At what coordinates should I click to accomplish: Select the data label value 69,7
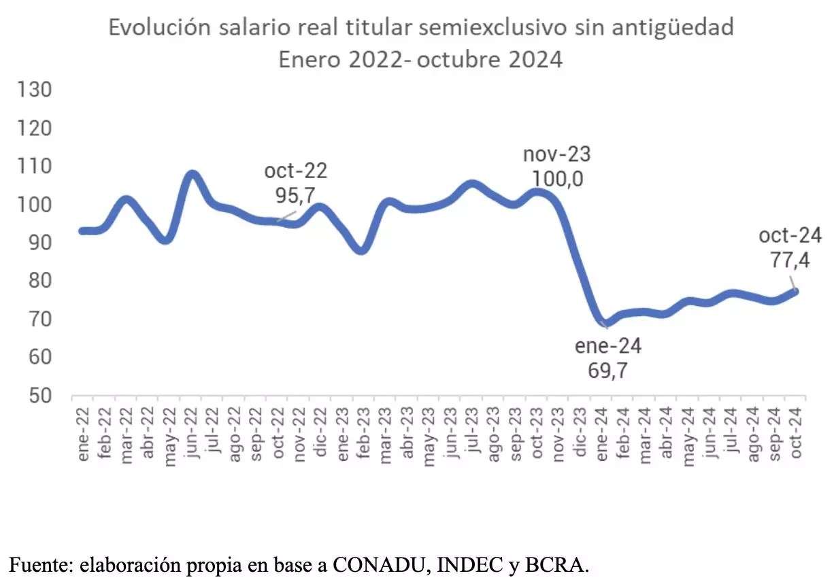pyautogui.click(x=608, y=371)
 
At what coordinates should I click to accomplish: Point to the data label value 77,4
pyautogui.click(x=790, y=260)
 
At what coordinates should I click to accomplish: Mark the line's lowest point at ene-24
pyautogui.click(x=603, y=322)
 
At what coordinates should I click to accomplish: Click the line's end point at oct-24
pyautogui.click(x=796, y=291)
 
